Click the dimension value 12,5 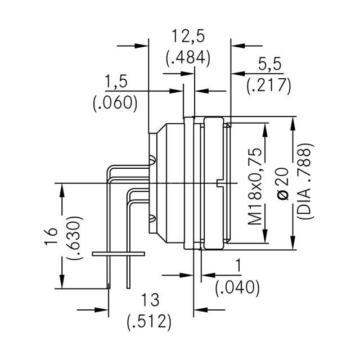188,37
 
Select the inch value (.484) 188,57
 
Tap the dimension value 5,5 268,65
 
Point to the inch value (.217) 268,85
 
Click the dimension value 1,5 116,82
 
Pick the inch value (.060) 115,102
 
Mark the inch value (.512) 148,322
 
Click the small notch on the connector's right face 219,182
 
